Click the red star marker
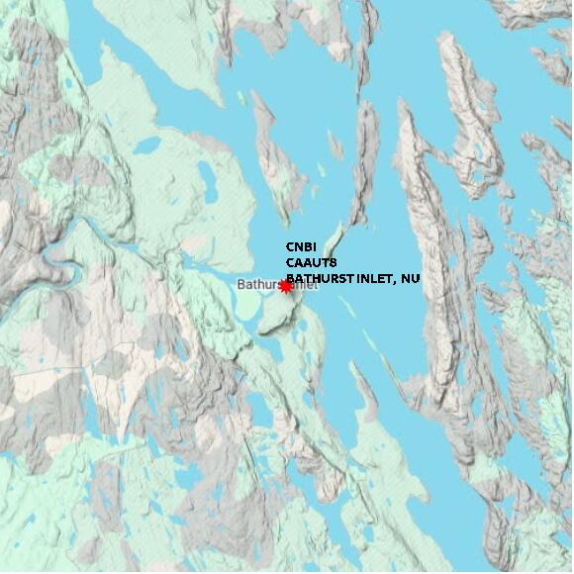(285, 286)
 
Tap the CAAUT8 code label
(312, 262)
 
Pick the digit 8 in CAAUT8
(335, 262)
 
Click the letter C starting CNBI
(290, 246)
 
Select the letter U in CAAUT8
(318, 262)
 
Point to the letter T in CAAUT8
(327, 262)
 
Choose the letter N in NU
(406, 279)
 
